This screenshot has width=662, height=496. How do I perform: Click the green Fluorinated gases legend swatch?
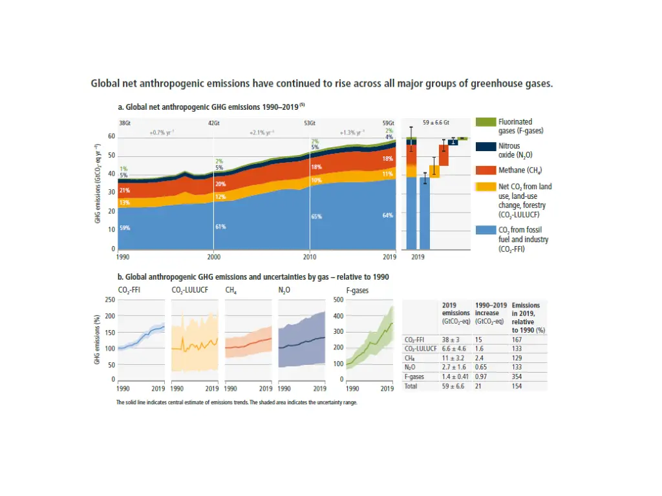pos(486,121)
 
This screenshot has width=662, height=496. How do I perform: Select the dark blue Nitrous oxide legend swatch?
pos(486,147)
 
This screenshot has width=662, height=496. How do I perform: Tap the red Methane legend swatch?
pos(486,170)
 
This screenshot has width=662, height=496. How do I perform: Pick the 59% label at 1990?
pos(124,227)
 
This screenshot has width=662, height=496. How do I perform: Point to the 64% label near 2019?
pos(388,215)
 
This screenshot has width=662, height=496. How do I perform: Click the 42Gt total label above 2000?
pos(213,123)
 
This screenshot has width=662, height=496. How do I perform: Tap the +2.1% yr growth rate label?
pos(262,132)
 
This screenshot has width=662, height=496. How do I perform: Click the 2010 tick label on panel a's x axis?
pos(310,256)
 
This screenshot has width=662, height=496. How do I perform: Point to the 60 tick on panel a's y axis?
pos(112,137)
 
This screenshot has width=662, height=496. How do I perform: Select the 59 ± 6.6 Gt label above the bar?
pos(436,123)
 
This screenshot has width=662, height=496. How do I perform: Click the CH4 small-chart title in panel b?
pos(230,291)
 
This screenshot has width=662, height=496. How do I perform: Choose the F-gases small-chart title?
pos(357,291)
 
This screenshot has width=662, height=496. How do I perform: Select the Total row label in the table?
pos(411,386)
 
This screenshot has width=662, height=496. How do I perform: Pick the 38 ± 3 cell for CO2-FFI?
pos(451,339)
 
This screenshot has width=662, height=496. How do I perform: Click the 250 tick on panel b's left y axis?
pos(111,300)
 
